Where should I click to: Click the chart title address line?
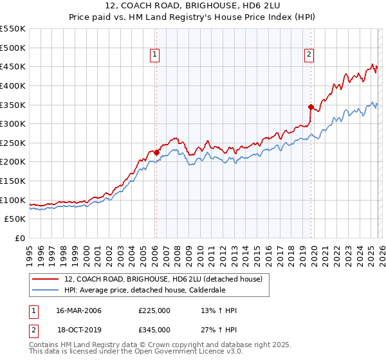click(x=193, y=5)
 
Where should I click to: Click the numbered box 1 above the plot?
click(x=156, y=55)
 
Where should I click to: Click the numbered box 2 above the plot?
click(x=309, y=55)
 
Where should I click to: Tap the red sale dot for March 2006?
click(x=156, y=152)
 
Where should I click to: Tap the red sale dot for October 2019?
click(x=311, y=107)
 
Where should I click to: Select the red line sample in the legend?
click(x=46, y=280)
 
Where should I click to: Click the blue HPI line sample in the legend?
click(x=46, y=291)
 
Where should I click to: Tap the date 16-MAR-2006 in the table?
click(x=78, y=311)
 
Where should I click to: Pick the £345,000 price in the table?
click(x=154, y=330)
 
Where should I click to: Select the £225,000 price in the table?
click(x=154, y=311)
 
